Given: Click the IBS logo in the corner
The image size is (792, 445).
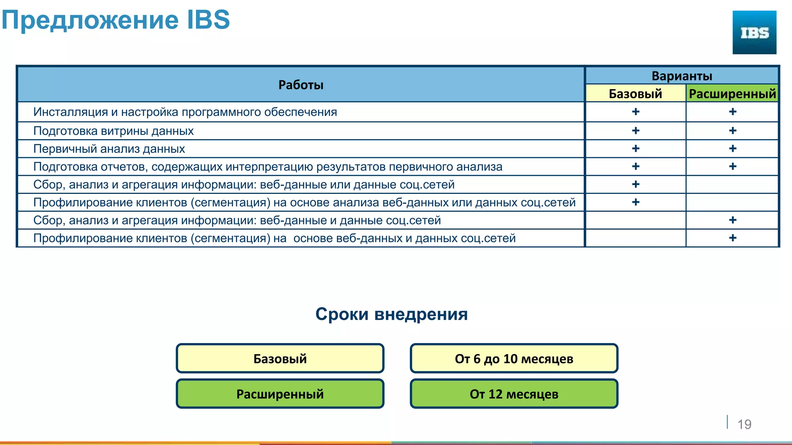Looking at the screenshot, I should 754,32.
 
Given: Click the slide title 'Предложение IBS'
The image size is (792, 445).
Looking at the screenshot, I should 116,20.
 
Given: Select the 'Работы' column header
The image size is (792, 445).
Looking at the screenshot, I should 301,85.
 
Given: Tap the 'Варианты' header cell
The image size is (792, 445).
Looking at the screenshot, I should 682,76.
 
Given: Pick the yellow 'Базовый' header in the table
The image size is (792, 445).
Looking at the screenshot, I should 635,93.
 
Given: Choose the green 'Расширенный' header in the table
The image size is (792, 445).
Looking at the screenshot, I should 732,93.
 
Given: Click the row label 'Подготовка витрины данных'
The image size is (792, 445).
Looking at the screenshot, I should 113,131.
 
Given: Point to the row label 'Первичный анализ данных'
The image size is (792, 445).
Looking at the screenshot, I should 109,149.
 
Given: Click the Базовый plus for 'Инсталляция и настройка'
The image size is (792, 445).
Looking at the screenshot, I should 635,112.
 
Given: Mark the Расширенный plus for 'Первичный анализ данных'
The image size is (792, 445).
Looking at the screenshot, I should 732,149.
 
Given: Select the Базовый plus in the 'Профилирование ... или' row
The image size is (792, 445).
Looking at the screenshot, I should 635,202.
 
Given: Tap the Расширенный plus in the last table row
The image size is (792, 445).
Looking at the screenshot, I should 732,238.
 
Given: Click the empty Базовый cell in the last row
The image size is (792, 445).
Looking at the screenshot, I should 635,238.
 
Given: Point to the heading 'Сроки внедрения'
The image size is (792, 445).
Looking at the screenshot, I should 391,314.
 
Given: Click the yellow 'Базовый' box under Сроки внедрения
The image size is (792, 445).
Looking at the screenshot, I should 280,358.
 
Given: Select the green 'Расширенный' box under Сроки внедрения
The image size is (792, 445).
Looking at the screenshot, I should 280,394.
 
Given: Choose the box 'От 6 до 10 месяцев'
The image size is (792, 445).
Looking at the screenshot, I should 514,358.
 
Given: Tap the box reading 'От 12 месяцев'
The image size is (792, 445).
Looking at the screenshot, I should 514,394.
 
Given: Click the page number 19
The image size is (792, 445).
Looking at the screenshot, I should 744,424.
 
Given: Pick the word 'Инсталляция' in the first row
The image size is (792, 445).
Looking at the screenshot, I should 70,112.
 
